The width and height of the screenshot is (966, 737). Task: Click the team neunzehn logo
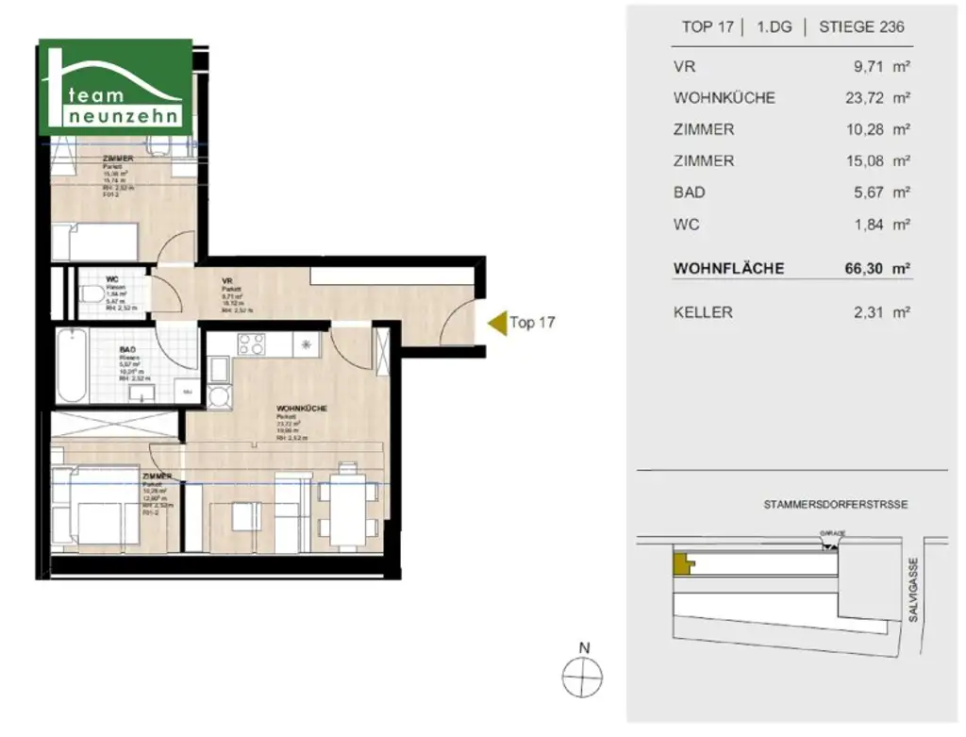click(x=116, y=88)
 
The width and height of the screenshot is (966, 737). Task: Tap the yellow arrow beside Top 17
click(x=495, y=323)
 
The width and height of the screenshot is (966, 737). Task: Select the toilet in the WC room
click(x=93, y=294)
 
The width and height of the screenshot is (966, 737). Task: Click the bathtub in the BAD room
click(x=71, y=366)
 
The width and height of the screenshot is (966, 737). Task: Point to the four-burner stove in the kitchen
click(x=252, y=345)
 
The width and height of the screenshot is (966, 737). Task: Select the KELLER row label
click(x=703, y=312)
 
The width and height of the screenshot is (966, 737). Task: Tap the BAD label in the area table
click(x=690, y=193)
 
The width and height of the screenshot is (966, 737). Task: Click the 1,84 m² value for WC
click(x=881, y=225)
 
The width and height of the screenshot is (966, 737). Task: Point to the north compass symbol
click(x=583, y=676)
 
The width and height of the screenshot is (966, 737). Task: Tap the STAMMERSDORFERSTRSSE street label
click(x=836, y=505)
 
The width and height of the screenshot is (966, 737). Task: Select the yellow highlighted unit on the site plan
click(x=680, y=564)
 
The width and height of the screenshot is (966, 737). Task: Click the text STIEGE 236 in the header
click(x=859, y=26)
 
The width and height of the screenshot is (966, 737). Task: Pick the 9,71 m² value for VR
click(x=881, y=67)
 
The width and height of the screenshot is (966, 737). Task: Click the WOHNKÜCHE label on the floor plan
click(x=302, y=409)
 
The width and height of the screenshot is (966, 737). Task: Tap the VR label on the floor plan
click(x=227, y=280)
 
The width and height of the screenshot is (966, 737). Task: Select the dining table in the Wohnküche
click(x=348, y=509)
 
